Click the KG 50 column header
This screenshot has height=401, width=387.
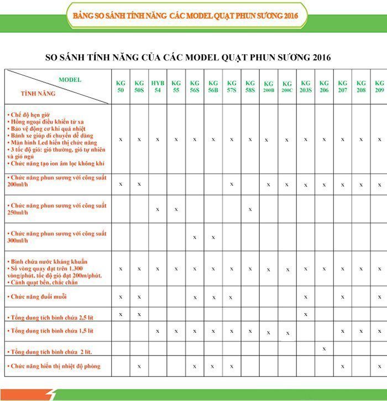point(121,86)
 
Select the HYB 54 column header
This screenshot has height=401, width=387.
point(158,86)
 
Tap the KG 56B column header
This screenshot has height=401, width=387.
point(213,86)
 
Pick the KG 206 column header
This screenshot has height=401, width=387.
point(324,86)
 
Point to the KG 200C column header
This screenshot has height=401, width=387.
point(287,86)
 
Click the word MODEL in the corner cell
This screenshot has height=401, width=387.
point(70,80)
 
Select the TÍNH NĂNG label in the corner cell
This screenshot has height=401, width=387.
point(38,94)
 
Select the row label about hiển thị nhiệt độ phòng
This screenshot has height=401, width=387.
point(54,366)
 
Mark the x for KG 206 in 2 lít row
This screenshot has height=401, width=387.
point(324,348)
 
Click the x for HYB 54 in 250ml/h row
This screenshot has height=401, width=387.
point(158,209)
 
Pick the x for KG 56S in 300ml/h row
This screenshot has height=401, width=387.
point(195,237)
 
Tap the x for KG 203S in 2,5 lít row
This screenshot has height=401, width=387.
point(306,314)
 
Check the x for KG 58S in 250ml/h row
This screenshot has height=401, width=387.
point(250,209)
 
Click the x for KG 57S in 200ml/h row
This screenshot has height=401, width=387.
point(232,183)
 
